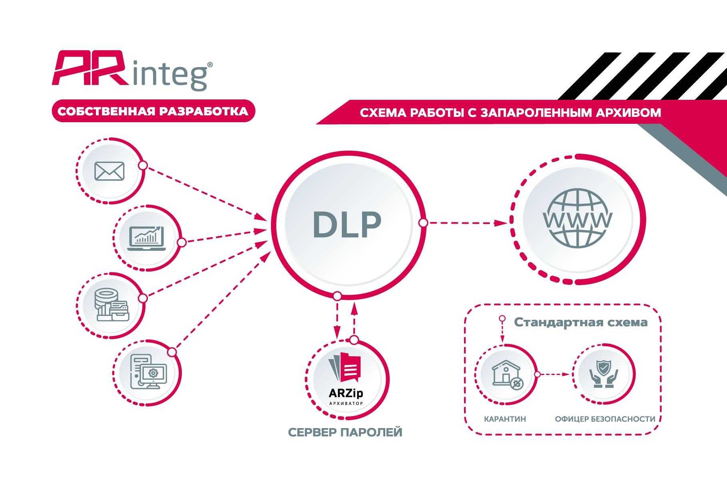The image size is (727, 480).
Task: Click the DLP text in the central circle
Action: point(347,225)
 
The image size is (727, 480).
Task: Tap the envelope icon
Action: point(109,171)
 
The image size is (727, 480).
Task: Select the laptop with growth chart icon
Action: point(146,238)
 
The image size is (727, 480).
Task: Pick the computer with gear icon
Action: point(148,371)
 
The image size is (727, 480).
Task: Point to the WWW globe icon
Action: point(578,219)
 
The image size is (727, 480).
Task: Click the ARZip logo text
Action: point(346,393)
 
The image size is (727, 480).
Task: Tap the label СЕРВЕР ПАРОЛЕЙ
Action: point(345,432)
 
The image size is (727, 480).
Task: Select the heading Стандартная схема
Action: point(580,322)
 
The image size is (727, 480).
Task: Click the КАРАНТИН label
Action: point(505,419)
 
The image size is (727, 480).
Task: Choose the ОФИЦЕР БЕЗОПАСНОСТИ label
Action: point(605,419)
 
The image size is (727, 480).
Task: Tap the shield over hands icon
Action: point(604,373)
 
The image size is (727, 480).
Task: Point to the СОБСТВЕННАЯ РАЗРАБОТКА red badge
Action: point(153,111)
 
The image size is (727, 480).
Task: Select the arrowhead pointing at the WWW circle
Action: point(500,223)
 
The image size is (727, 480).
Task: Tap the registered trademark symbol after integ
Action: point(210,65)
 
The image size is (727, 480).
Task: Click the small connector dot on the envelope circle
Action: point(143,165)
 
